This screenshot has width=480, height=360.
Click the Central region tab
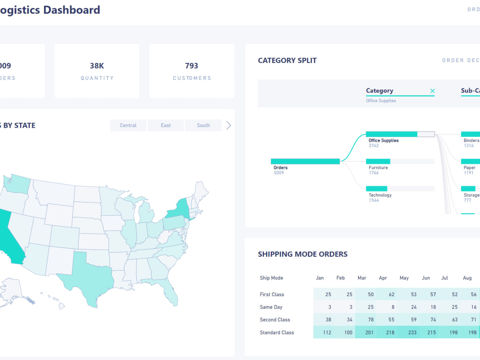click(128, 125)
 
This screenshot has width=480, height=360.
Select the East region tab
click(166, 125)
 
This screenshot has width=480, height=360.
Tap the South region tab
click(203, 125)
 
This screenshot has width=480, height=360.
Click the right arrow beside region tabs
click(228, 125)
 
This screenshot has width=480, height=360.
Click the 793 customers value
click(192, 66)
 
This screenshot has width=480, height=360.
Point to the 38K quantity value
click(97, 66)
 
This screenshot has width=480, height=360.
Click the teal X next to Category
click(432, 91)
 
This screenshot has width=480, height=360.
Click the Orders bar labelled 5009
click(305, 162)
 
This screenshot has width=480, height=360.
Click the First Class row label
click(272, 294)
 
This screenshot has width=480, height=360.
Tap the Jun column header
click(426, 278)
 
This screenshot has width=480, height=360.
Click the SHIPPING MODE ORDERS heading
click(302, 254)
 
